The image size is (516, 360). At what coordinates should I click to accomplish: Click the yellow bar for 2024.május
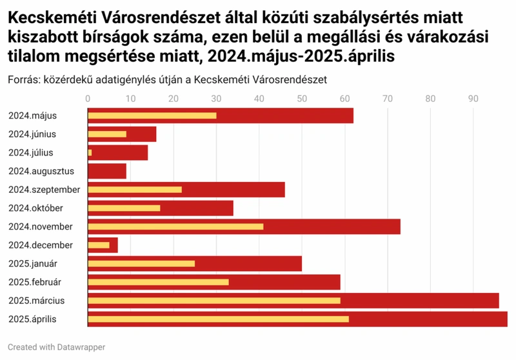click(x=152, y=115)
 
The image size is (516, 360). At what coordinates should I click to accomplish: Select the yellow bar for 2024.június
click(x=107, y=134)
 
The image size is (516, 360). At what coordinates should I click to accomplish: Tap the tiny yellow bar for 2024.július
click(x=90, y=153)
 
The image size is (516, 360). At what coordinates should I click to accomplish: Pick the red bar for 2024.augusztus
click(x=107, y=171)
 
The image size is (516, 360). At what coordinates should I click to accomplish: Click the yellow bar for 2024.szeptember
click(x=135, y=190)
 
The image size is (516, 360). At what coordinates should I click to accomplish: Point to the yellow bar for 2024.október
click(x=124, y=208)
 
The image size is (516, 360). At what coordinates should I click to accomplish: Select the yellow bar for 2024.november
click(x=175, y=226)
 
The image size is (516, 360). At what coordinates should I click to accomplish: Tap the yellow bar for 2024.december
click(x=99, y=245)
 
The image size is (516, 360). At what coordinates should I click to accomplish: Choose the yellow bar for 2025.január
click(x=141, y=264)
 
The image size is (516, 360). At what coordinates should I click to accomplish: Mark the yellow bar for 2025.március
click(x=214, y=301)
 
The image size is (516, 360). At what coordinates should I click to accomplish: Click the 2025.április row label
click(x=33, y=319)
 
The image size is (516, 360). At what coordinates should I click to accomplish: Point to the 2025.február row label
click(x=35, y=282)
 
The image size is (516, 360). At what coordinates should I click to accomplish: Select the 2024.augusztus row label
click(x=41, y=171)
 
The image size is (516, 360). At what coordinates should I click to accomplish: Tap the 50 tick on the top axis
click(x=302, y=99)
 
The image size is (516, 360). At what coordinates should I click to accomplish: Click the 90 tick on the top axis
click(x=473, y=99)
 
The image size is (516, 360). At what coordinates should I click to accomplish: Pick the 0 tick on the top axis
click(x=88, y=99)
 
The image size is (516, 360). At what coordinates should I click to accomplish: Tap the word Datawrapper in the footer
click(x=81, y=347)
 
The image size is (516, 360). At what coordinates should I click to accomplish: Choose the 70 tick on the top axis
click(x=388, y=99)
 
